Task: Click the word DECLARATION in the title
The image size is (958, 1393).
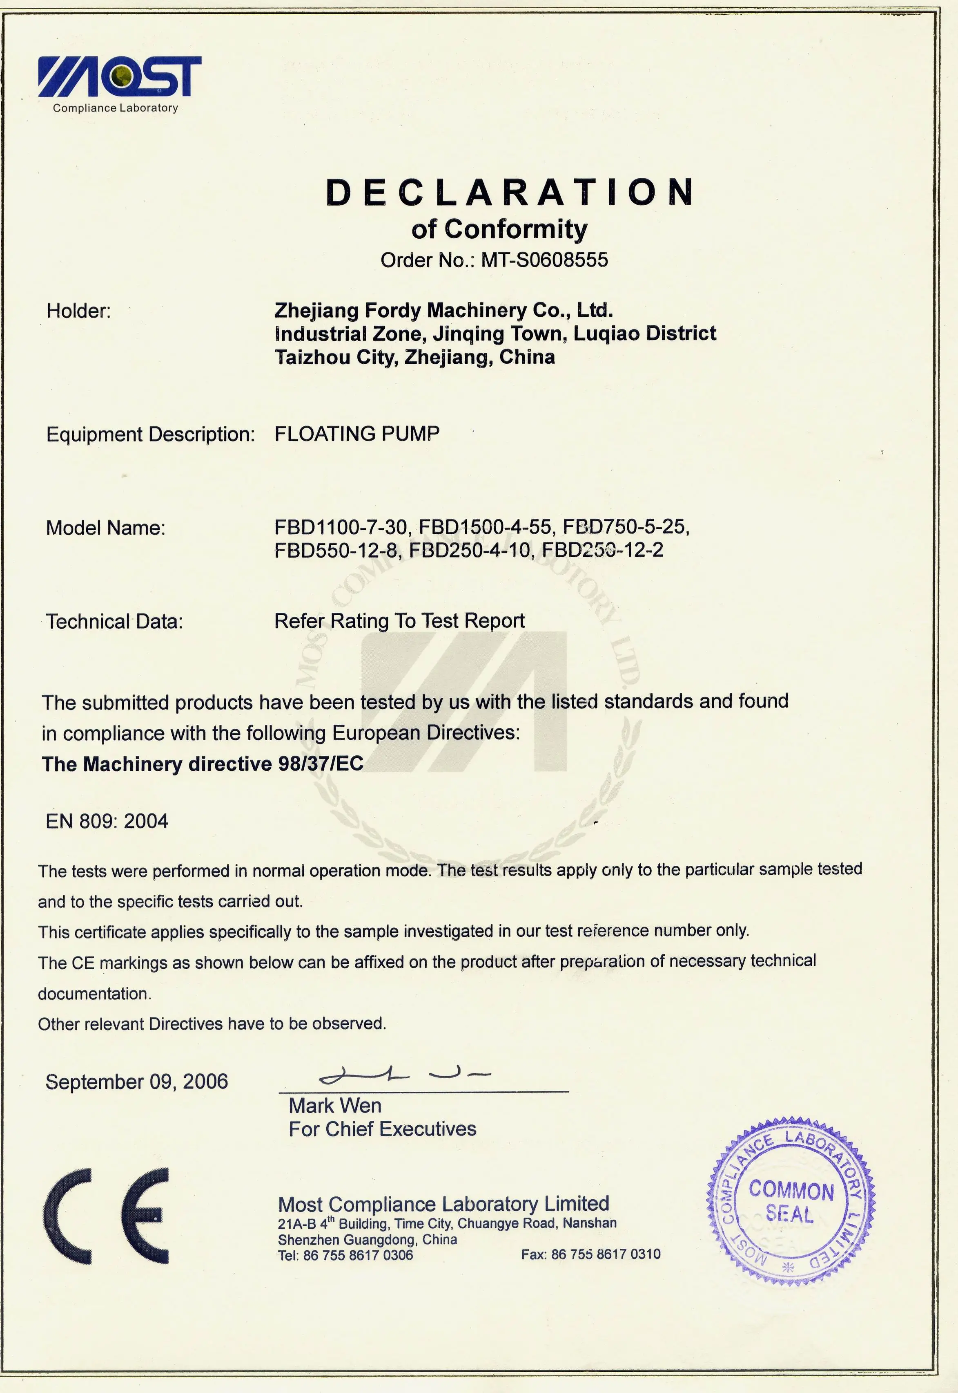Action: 509,192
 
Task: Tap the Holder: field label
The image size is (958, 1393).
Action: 79,311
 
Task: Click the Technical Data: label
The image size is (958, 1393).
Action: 114,621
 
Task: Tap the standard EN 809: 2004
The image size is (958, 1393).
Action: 107,821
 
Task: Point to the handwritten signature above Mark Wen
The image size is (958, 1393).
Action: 405,1075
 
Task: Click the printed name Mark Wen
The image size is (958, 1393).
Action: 335,1106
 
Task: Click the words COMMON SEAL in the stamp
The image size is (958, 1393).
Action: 791,1201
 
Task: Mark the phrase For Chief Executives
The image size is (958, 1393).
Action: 382,1129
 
